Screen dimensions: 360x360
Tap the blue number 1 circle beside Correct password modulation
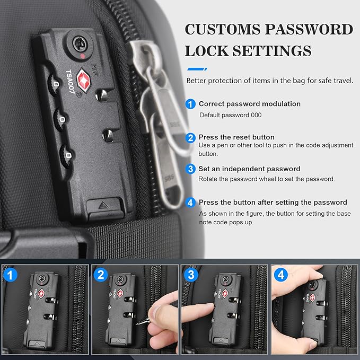coord(190,104)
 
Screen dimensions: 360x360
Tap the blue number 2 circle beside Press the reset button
coord(190,137)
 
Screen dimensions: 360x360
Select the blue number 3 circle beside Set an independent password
coord(190,169)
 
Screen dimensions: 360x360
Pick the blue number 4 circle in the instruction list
coord(190,203)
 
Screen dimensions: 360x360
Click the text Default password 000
coord(230,115)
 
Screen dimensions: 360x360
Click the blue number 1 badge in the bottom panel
coord(9,275)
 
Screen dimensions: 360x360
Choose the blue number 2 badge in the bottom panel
coord(101,275)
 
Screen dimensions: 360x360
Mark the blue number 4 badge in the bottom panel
coord(281,275)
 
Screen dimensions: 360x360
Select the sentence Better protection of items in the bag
coord(269,81)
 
